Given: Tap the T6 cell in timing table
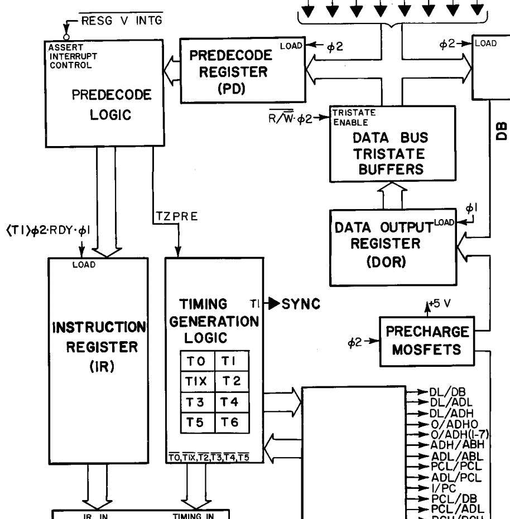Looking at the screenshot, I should (229, 423).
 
